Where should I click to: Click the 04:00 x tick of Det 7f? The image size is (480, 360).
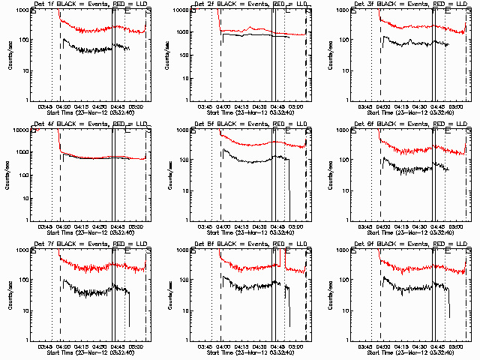point(63,346)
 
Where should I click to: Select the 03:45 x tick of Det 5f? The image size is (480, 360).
point(204,226)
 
